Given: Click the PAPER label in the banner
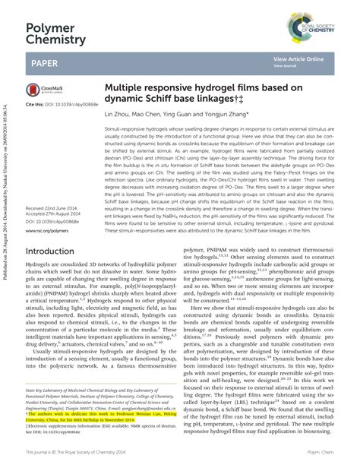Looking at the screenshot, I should pos(43,61).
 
